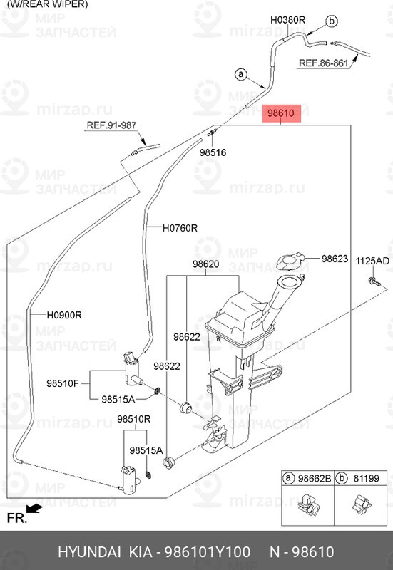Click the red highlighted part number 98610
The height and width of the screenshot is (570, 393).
(281, 113)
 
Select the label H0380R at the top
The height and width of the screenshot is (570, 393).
(287, 20)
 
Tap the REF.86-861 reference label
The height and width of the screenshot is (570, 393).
(324, 63)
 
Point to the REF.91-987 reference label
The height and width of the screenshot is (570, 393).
(111, 125)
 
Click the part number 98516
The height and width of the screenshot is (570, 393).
(213, 152)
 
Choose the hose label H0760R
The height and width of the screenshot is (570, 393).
(180, 228)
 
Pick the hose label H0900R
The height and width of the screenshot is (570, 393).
(64, 315)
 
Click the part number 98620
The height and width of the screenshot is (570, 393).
(206, 264)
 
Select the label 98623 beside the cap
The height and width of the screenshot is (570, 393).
(335, 259)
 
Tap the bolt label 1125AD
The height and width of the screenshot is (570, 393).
(372, 261)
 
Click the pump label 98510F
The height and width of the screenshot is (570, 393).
(63, 383)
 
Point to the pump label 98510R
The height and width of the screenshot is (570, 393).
(133, 419)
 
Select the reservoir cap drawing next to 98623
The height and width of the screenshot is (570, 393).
(290, 261)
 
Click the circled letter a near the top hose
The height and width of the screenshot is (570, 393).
(240, 75)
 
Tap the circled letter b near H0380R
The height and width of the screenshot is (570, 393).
(332, 21)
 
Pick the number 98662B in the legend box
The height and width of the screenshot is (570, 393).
(315, 478)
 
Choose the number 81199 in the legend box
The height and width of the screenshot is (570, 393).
(367, 478)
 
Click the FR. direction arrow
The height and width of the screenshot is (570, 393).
(34, 508)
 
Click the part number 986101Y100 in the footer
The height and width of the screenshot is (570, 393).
(208, 551)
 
